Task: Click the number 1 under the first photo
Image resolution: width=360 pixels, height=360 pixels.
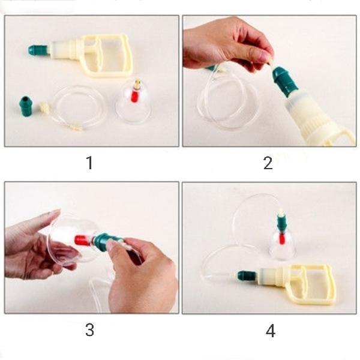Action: tap(89, 162)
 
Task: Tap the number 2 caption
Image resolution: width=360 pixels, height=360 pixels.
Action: tap(268, 162)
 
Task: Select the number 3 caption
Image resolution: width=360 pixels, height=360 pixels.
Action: tap(89, 329)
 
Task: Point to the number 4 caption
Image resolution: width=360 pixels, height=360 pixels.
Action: tap(271, 330)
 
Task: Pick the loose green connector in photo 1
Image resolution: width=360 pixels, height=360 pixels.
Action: tap(26, 106)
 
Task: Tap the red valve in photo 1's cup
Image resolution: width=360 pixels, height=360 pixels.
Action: tap(136, 95)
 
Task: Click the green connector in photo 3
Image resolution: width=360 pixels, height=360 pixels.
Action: tap(101, 242)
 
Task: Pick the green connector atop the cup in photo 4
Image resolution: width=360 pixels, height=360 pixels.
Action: tap(281, 224)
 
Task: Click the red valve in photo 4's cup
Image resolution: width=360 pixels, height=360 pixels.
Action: tap(281, 238)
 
